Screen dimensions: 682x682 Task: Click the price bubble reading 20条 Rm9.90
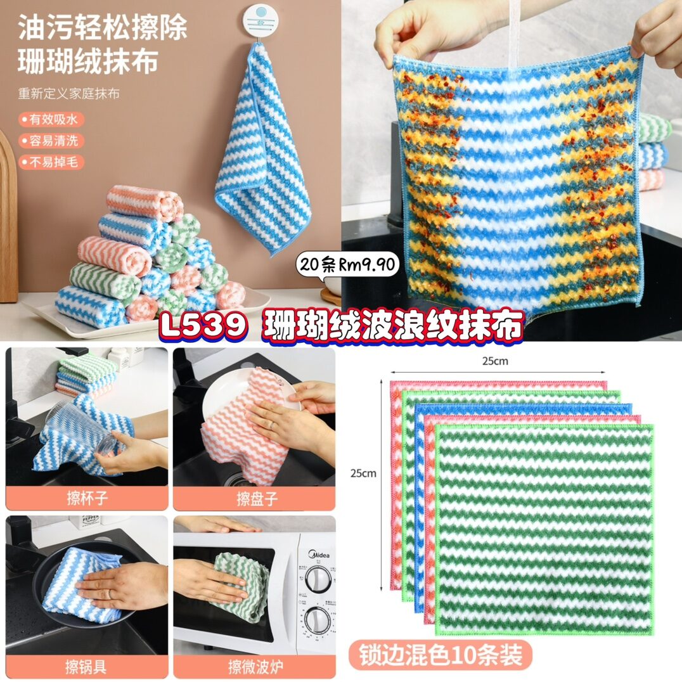[x=347, y=264]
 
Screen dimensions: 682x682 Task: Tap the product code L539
[x=203, y=325]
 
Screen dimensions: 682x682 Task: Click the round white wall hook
[x=260, y=20]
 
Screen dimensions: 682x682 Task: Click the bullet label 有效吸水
[x=51, y=119]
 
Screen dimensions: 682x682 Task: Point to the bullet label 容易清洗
[x=51, y=141]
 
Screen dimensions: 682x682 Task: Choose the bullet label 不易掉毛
[x=51, y=162]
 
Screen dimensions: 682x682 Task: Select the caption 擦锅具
[x=86, y=666]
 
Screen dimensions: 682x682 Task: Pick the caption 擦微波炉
[x=256, y=666]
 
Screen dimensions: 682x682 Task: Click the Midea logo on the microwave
[x=319, y=554]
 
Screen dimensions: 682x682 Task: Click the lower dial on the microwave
[x=317, y=621]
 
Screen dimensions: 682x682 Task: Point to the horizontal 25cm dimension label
[x=495, y=361]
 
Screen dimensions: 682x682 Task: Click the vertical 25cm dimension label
[x=363, y=473]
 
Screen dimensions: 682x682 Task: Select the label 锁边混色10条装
[x=441, y=655]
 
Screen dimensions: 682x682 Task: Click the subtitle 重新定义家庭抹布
[x=68, y=94]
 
